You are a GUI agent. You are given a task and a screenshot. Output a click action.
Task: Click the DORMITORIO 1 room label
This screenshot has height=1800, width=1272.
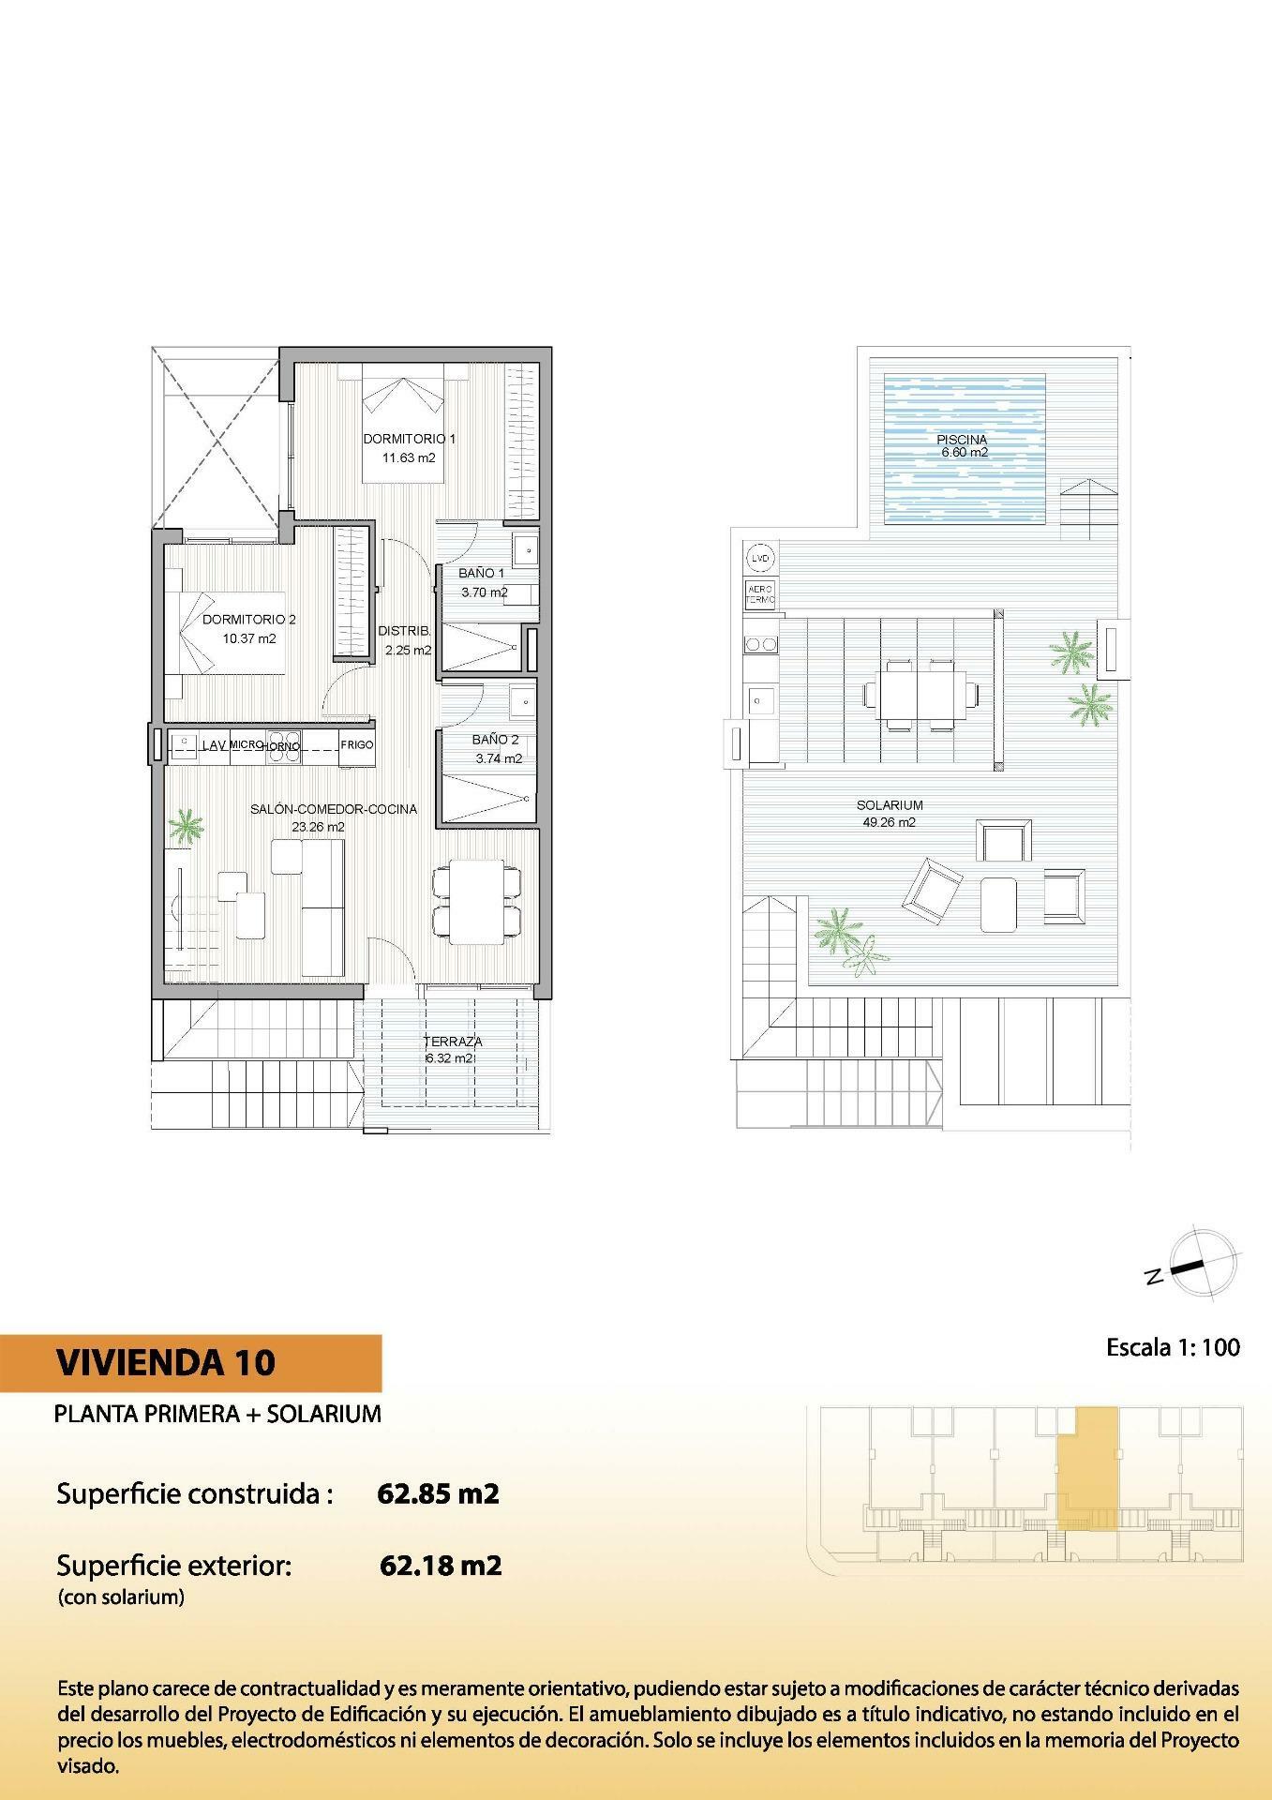pos(409,439)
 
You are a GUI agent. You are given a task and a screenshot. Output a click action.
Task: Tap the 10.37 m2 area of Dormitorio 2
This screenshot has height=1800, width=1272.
pos(249,639)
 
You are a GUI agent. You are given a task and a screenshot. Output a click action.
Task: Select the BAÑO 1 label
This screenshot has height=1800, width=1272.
pos(482,573)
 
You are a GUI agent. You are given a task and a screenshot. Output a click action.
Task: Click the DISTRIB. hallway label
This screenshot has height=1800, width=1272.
pos(405,631)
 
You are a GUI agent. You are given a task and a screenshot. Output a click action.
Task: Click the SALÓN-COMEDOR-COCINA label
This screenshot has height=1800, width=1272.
pos(334,809)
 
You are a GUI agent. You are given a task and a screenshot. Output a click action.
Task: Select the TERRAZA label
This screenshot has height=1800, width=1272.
pos(453,1042)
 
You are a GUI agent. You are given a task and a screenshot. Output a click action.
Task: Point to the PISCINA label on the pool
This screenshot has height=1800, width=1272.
pos(962,440)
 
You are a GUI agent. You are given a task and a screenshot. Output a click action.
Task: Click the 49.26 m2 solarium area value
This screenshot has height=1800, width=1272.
pos(889,822)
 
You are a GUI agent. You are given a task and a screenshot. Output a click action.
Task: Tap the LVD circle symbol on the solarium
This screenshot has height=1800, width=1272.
pos(760,559)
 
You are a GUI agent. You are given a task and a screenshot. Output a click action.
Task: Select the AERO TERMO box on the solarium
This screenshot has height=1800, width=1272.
pos(760,593)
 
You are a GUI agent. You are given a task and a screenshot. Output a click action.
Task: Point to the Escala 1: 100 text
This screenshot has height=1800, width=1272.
pos(1173,1347)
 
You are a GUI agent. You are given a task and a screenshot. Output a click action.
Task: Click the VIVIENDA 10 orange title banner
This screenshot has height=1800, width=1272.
pos(191,1363)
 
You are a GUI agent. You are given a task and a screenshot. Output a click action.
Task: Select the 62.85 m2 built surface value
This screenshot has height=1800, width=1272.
pos(438,1492)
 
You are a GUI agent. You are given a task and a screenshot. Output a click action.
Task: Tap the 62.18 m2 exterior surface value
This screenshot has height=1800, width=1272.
pos(441,1565)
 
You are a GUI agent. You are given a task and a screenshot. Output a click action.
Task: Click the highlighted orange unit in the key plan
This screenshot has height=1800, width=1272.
pos(1087,1468)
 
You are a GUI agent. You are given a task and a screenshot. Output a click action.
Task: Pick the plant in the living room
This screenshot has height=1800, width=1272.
pos(186,827)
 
